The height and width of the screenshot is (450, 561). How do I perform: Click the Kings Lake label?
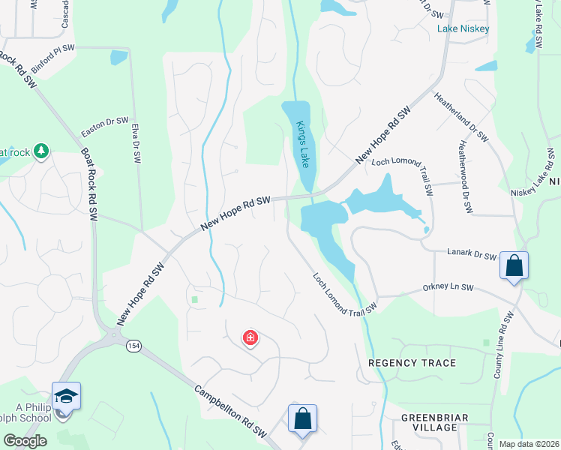(302, 144)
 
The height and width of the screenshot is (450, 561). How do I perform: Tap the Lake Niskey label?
(463, 28)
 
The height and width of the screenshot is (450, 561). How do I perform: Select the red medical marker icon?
(250, 338)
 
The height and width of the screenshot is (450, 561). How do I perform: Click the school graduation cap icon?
(66, 396)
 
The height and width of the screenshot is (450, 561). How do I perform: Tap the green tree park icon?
(41, 151)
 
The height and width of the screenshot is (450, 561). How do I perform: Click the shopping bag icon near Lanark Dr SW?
(514, 265)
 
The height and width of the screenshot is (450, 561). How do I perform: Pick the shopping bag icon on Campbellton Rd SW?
(302, 418)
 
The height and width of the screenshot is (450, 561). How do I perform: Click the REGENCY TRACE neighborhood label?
(412, 363)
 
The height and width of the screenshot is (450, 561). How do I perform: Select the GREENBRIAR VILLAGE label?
(435, 422)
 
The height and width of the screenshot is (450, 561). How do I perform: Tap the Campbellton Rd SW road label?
(231, 412)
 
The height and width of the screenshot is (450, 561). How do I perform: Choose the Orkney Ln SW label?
(448, 287)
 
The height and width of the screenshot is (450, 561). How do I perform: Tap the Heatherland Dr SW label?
(461, 117)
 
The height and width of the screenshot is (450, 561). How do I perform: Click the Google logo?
(24, 441)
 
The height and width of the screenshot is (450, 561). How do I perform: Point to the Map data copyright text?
(528, 444)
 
